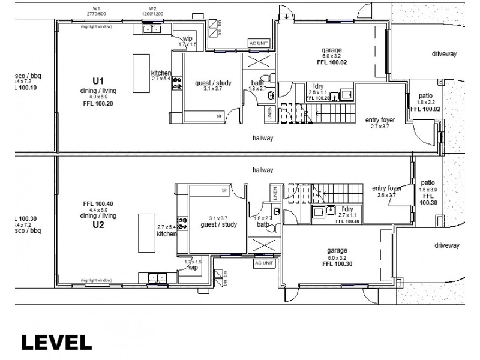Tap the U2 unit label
[x=98, y=226]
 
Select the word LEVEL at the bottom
[x=56, y=343]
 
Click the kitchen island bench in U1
[x=141, y=74]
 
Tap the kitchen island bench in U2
[x=145, y=233]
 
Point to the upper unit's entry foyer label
[x=380, y=120]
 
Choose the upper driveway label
[x=444, y=54]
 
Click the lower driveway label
[x=445, y=245]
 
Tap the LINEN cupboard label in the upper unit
[x=270, y=113]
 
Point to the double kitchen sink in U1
[x=152, y=29]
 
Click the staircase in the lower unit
[x=324, y=194]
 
